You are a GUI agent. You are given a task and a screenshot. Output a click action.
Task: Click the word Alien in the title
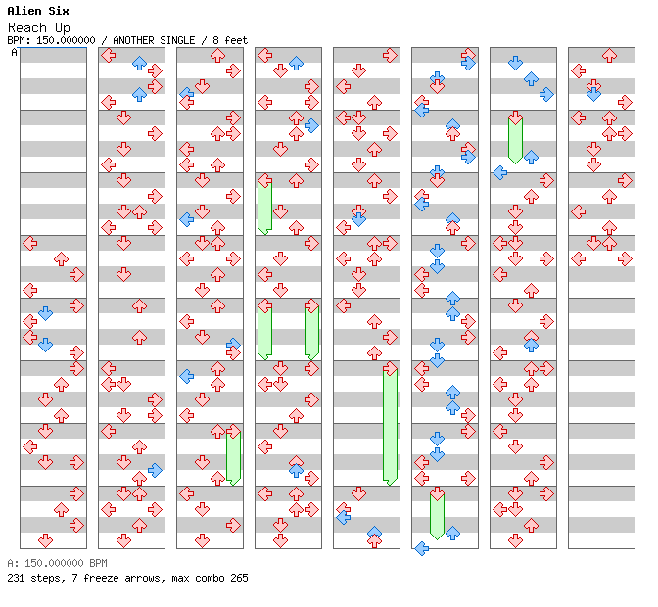click(24, 11)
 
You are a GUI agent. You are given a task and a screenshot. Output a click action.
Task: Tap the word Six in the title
click(59, 11)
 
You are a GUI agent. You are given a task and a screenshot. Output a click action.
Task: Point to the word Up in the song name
click(63, 28)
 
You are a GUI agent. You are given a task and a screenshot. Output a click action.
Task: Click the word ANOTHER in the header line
click(132, 40)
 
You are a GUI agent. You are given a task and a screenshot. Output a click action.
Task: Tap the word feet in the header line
click(236, 40)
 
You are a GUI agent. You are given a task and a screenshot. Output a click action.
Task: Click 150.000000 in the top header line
click(66, 40)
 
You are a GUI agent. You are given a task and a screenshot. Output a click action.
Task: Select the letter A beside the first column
click(15, 53)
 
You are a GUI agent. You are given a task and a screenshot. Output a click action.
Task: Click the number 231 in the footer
click(16, 578)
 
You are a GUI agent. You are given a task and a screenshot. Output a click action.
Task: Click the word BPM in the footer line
click(98, 563)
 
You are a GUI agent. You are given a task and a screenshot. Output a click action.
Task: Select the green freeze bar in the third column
click(233, 458)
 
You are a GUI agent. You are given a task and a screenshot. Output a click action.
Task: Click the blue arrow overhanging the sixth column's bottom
click(421, 548)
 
